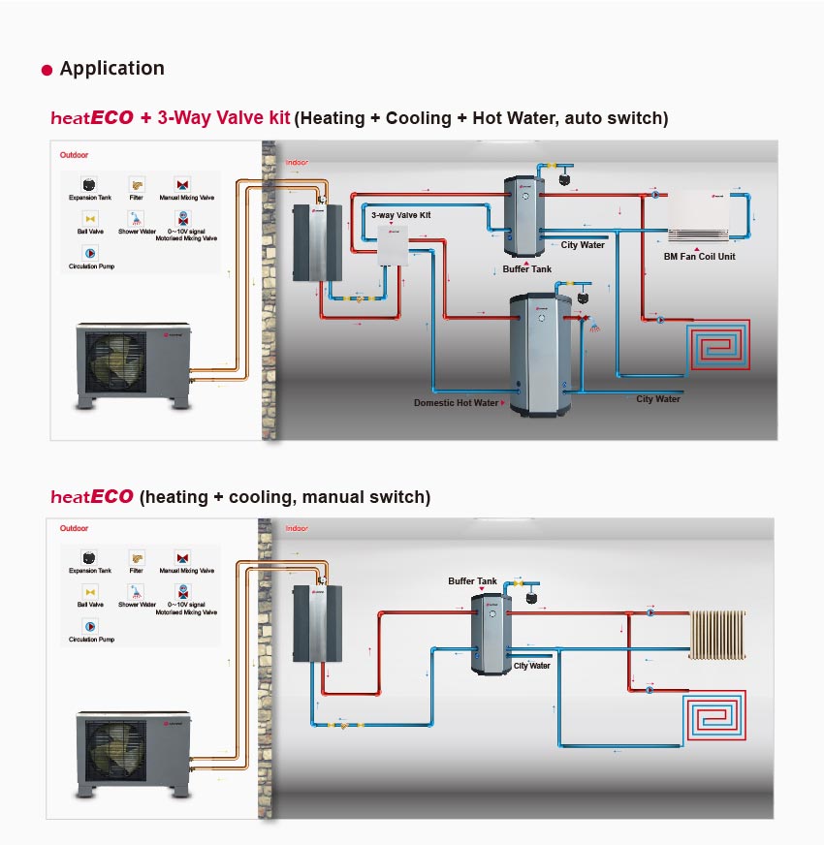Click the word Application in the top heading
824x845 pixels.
tap(111, 69)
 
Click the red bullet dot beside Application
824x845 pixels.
tap(47, 71)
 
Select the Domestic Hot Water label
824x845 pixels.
tap(456, 403)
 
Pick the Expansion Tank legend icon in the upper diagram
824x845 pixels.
tap(89, 184)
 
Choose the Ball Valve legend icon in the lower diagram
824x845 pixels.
tap(89, 590)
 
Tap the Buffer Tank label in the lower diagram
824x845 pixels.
tap(472, 581)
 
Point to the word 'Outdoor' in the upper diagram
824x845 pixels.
tap(74, 154)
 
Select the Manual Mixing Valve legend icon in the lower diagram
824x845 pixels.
tap(181, 557)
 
